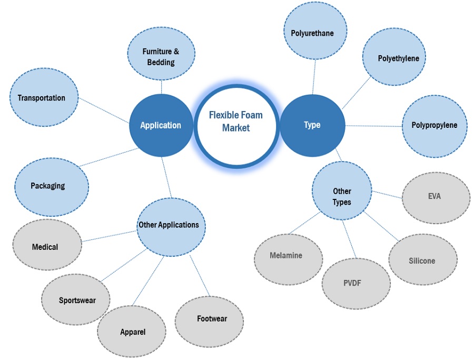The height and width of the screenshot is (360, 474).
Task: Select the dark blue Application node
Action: point(161,125)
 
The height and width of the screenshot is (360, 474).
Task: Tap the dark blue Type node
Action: point(312,125)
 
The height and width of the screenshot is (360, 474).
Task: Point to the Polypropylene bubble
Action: point(434,125)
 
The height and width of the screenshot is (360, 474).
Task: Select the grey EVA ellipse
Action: point(436,197)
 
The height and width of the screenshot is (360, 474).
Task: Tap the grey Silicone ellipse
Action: point(422,261)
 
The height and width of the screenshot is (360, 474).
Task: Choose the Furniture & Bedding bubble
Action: point(161,57)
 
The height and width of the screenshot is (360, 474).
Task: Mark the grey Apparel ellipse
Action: point(132,332)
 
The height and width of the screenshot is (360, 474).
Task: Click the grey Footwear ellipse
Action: point(209,319)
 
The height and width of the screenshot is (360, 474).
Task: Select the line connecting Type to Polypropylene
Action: point(374,126)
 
